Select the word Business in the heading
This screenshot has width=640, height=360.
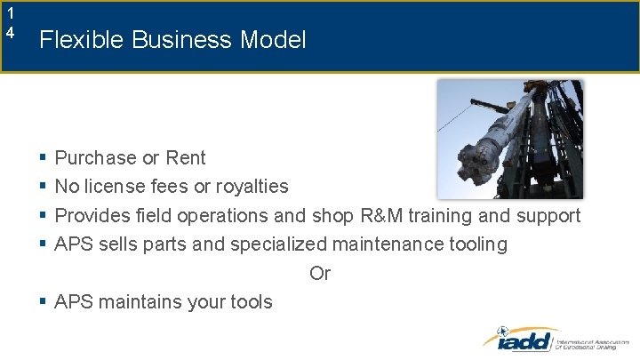pyautogui.click(x=176, y=40)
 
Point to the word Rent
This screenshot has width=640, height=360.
pyautogui.click(x=185, y=158)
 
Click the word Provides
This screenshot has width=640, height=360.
pyautogui.click(x=91, y=216)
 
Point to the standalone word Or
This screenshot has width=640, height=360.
pyautogui.click(x=320, y=274)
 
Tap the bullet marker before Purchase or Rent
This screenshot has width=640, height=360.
pyautogui.click(x=43, y=158)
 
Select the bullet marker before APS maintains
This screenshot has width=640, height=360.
pyautogui.click(x=43, y=302)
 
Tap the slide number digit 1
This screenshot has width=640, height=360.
pyautogui.click(x=10, y=13)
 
